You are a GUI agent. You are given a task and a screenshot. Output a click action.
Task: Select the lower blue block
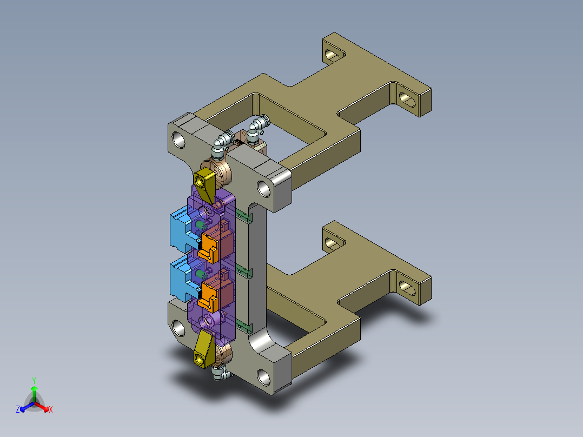click(180, 276)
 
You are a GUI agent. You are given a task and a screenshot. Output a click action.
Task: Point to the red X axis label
click(51, 410)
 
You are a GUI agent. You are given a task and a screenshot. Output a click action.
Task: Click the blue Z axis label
click(18, 410)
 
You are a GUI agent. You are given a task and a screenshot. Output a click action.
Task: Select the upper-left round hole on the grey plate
click(177, 140)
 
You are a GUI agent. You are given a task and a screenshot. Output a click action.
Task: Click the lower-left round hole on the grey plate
click(177, 327)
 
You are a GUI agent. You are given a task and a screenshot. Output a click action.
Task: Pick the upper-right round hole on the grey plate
click(264, 189)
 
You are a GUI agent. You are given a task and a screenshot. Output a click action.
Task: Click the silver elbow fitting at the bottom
click(219, 372)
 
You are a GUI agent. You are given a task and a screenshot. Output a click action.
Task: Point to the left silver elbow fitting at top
click(221, 145)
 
